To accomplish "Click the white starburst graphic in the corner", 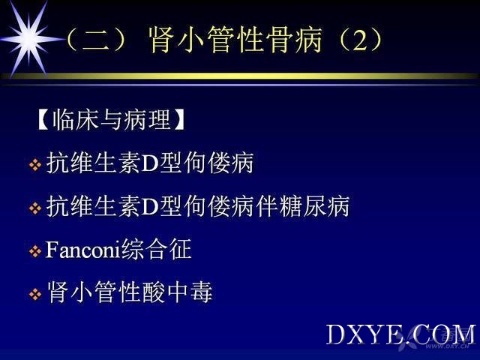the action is tap(29, 38).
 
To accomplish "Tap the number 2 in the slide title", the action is tap(359, 40).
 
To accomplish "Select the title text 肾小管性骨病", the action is tap(235, 40).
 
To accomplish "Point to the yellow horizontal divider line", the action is tap(240, 76).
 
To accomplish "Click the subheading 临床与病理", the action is tap(112, 120).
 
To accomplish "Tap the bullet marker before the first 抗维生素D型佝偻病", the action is tap(35, 165).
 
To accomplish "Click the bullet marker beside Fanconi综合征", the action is tap(35, 252).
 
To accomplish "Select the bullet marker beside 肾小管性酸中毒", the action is tap(35, 295).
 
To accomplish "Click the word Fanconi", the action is tap(82, 250).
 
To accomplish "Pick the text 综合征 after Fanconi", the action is tap(156, 249).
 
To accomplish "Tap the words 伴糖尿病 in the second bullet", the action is tap(302, 206).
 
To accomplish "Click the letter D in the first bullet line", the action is tap(150, 163).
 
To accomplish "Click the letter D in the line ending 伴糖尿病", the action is tap(150, 207).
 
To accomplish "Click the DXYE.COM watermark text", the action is tap(400, 335).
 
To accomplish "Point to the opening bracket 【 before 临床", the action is tap(43, 120).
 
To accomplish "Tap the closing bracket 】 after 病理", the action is tap(178, 120).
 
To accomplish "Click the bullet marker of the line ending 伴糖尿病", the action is tap(35, 208).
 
